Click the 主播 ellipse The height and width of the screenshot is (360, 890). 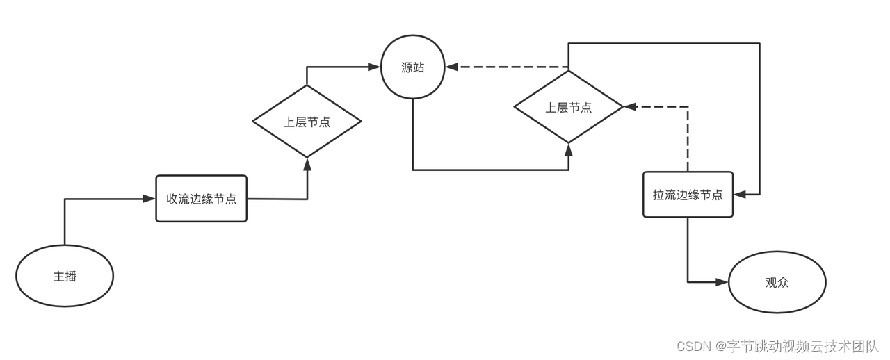pyautogui.click(x=65, y=276)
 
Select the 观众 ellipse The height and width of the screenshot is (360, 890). pyautogui.click(x=777, y=283)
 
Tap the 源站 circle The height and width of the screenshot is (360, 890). pyautogui.click(x=412, y=67)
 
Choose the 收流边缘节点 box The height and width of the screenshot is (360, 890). pyautogui.click(x=201, y=199)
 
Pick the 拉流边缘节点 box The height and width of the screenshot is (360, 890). pyautogui.click(x=688, y=195)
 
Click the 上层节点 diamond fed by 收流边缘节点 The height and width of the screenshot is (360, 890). pyautogui.click(x=307, y=122)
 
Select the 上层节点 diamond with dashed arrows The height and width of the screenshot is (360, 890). pyautogui.click(x=568, y=107)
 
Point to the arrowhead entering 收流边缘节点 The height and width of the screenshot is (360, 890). pyautogui.click(x=149, y=199)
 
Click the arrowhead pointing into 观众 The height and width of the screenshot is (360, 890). pyautogui.click(x=722, y=282)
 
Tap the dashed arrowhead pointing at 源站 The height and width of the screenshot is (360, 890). pyautogui.click(x=451, y=67)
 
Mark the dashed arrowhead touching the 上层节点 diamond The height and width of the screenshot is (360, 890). pyautogui.click(x=630, y=107)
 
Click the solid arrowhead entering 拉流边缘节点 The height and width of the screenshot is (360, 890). pyautogui.click(x=740, y=195)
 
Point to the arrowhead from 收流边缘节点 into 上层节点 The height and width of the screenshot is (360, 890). pyautogui.click(x=307, y=163)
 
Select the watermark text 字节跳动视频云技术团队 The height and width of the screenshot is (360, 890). pyautogui.click(x=804, y=345)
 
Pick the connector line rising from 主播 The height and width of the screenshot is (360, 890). pyautogui.click(x=65, y=222)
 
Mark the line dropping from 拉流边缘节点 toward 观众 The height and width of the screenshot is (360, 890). pyautogui.click(x=688, y=250)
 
